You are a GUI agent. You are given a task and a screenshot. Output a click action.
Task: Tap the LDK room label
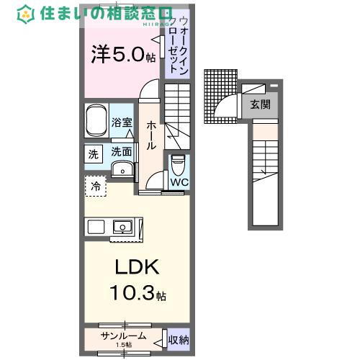click(137, 269)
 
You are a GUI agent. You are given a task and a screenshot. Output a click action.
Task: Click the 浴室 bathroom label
click(122, 123)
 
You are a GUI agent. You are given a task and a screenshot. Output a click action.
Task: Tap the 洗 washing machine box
click(94, 154)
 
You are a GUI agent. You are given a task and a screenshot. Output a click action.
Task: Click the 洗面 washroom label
click(122, 152)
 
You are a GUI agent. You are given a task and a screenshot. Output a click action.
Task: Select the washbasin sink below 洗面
click(124, 170)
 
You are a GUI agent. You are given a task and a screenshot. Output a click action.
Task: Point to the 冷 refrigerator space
click(96, 186)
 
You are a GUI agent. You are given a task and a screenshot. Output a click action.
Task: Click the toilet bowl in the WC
click(179, 166)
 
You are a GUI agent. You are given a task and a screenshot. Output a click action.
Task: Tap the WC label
click(179, 182)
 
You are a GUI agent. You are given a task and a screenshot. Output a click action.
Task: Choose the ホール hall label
click(152, 135)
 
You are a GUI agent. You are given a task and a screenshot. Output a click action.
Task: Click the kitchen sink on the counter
click(124, 227)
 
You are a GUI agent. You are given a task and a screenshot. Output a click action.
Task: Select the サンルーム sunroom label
click(124, 336)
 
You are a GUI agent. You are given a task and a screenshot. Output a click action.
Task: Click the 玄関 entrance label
click(260, 104)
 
